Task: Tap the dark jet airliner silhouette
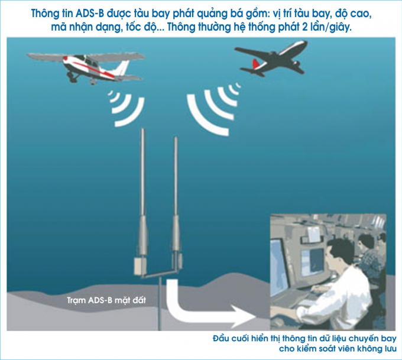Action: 272,58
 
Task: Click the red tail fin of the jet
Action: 255,64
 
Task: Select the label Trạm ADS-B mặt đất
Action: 106,300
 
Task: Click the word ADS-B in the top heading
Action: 90,14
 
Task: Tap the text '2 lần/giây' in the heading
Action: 326,27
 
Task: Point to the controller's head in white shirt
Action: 339,252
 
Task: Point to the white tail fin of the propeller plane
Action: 122,68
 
